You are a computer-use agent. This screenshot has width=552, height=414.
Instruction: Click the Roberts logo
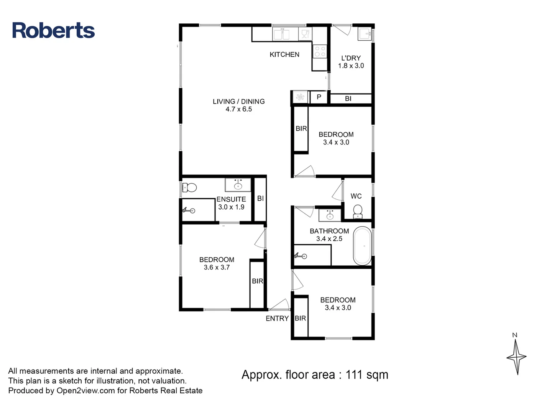pos(53,30)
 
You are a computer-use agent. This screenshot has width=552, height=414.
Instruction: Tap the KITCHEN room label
pos(284,54)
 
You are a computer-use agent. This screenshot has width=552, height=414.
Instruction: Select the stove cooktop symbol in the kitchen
pos(320,51)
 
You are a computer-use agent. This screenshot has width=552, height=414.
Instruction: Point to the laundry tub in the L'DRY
pos(365,34)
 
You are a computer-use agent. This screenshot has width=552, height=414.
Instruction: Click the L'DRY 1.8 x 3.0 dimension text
pos(351,66)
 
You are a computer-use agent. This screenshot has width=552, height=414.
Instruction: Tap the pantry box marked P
pos(319,97)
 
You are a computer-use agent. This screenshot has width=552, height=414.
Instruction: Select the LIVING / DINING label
pos(238,101)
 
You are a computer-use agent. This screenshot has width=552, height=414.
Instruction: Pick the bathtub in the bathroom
pos(362,246)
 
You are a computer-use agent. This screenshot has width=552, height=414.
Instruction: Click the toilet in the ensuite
pos(189,187)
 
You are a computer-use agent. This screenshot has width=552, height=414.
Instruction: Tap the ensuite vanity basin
pos(238,185)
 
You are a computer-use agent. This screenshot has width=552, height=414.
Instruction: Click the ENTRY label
pos(277,318)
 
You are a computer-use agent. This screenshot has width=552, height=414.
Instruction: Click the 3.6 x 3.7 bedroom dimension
pos(217,267)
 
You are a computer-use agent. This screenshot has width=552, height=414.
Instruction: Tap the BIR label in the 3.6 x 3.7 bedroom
pos(257,281)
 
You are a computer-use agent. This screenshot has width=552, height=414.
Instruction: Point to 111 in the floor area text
pos(354,375)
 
